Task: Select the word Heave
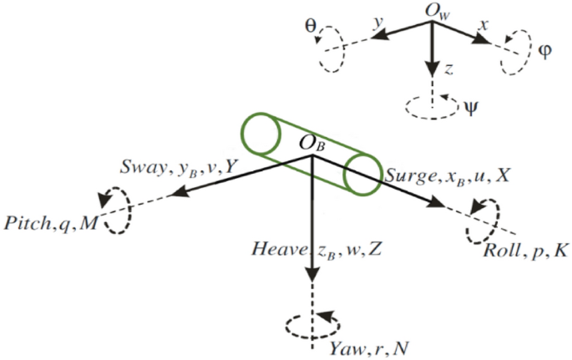click(273, 248)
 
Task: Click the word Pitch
click(28, 224)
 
